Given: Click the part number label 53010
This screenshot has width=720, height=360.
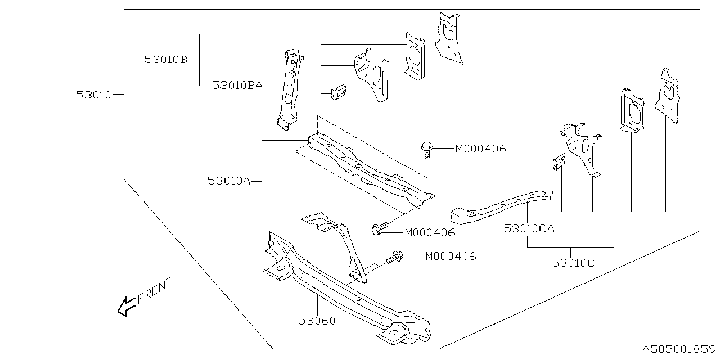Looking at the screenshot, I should [94, 95].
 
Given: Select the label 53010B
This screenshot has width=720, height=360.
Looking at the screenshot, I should [165, 59].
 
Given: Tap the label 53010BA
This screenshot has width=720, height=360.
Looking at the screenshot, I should [237, 85].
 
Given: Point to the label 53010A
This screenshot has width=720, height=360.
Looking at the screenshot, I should [228, 181].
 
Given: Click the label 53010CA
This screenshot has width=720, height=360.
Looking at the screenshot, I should [529, 228].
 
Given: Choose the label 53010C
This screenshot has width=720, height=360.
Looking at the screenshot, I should [573, 262].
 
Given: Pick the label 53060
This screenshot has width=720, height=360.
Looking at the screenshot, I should [317, 321].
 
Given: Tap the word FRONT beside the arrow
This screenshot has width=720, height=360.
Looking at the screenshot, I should [155, 291].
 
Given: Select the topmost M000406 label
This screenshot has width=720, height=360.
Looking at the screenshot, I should [480, 149].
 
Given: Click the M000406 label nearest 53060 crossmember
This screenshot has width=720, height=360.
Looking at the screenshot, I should [451, 256].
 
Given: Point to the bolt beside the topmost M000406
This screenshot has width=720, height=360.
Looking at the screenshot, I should [427, 150].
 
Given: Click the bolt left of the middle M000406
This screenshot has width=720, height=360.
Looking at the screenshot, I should [380, 228].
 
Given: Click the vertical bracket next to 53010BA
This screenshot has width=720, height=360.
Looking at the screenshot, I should [289, 90].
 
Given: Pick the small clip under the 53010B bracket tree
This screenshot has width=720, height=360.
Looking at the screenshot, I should [337, 91].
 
